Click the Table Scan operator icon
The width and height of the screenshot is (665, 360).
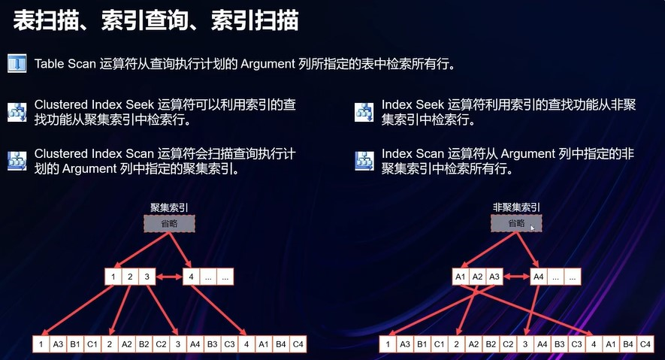tap(17, 63)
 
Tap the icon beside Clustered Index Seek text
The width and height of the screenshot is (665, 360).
tap(17, 112)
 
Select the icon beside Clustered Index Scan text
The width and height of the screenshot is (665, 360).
tap(17, 161)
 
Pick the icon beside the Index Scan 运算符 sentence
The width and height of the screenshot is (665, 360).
tap(364, 161)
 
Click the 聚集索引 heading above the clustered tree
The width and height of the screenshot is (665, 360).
tap(169, 207)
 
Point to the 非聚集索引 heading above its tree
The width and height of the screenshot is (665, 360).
tap(516, 207)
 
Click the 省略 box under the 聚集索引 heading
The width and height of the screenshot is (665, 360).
tap(169, 223)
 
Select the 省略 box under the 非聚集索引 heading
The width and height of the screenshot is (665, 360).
tap(516, 223)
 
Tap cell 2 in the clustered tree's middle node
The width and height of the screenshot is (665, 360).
tap(131, 277)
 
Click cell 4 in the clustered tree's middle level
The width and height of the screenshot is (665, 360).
tap(190, 277)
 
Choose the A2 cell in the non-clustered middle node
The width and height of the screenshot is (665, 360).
tap(478, 277)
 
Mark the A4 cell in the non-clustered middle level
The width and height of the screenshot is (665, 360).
tap(538, 277)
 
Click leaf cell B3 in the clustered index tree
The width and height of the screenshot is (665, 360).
tap(212, 345)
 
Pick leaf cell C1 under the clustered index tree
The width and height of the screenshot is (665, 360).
tap(92, 345)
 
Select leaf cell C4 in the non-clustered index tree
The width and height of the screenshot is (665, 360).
tap(645, 345)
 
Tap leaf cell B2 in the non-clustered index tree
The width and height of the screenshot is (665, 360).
tap(491, 345)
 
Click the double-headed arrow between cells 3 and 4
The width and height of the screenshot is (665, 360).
tap(170, 277)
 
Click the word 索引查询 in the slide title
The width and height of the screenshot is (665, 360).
tap(156, 20)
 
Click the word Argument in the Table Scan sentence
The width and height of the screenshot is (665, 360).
tap(268, 64)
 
